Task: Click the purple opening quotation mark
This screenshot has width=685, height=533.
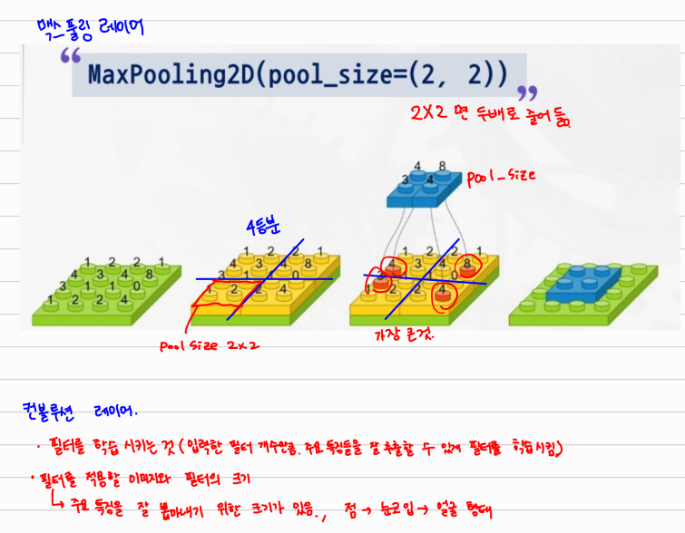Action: pos(70,59)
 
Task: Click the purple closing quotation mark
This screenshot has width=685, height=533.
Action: pos(525,93)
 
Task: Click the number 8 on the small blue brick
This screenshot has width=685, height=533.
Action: pos(442,167)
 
